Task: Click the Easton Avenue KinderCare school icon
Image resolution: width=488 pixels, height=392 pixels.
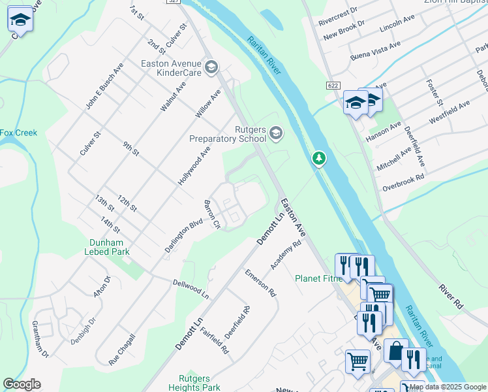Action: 211,67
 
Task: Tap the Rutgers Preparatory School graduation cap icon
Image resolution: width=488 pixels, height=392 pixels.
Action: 276,133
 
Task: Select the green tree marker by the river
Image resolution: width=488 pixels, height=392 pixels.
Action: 318,158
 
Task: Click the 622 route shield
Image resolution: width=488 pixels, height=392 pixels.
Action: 333,86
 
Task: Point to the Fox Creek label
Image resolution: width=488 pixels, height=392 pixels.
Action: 18,133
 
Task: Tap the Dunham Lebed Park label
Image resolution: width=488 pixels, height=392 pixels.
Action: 109,247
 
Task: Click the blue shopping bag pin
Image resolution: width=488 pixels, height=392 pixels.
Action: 395,351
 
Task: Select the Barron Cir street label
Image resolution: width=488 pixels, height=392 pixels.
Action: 213,215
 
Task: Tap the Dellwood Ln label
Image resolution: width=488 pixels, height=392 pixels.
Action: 191,289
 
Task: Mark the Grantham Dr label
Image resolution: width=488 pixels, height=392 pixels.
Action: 40,339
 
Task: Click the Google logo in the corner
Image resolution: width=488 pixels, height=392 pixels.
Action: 22,384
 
